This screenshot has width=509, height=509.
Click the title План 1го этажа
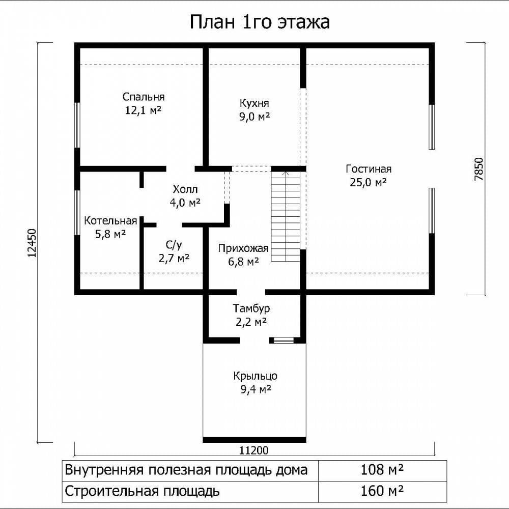(260, 22)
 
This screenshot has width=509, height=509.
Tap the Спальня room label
(144, 103)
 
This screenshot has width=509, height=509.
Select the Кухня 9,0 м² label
(254, 110)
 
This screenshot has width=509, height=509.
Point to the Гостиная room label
(369, 176)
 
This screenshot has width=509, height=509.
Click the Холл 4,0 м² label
(185, 196)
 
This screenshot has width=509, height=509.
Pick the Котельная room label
(110, 227)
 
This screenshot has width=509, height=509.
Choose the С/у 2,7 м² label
(174, 252)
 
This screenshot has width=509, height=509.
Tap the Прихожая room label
(243, 255)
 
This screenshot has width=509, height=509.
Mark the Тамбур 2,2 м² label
(251, 315)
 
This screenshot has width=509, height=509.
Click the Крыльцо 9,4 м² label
(256, 382)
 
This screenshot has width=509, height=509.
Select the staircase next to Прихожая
(286, 216)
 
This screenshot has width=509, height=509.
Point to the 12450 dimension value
(32, 243)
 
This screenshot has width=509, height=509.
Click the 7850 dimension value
(479, 169)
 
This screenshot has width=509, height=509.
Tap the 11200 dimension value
(254, 450)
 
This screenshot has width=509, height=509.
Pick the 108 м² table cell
(382, 470)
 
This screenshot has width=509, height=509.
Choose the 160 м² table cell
(382, 491)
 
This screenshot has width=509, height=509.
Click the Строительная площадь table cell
(190, 491)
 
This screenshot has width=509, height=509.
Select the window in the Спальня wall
(77, 125)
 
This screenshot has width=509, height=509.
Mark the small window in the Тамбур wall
(284, 340)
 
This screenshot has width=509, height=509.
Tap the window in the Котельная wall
(77, 213)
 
